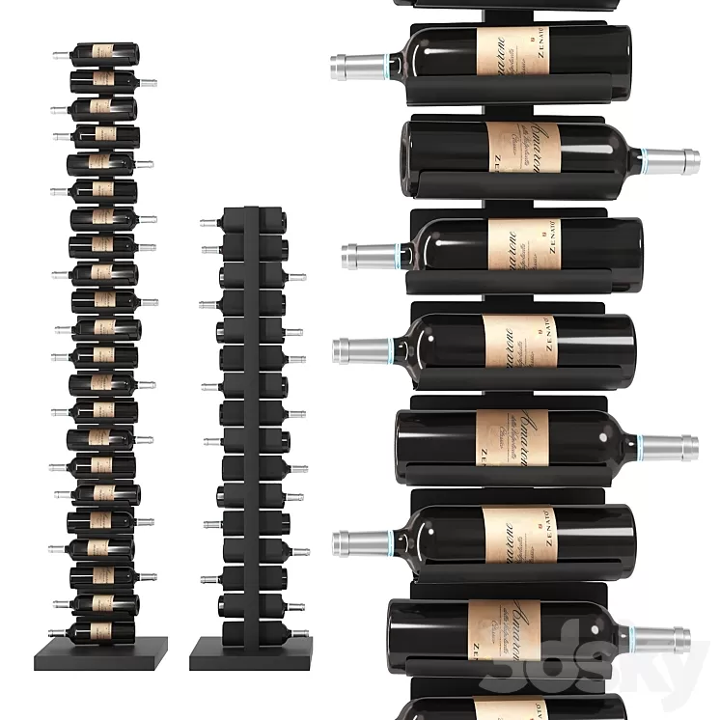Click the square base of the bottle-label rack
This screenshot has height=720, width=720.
point(100,654)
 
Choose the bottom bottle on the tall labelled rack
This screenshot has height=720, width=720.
point(100,630)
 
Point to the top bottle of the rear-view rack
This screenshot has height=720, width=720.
point(253,222)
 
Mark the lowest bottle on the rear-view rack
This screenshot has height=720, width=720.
point(253,631)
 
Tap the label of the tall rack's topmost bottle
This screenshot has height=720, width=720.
point(104,52)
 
